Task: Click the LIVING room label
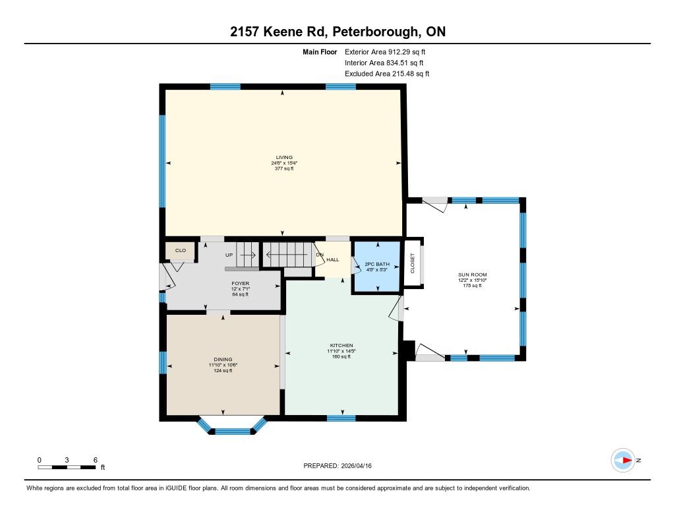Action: [284, 157]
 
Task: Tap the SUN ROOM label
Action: [472, 275]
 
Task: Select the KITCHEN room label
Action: [341, 345]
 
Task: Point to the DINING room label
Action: [223, 359]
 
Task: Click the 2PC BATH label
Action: [376, 264]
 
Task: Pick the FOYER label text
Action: [240, 283]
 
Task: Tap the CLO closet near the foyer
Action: [181, 250]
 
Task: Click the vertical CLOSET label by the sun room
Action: [413, 263]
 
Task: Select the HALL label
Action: [333, 259]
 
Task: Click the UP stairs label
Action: [229, 255]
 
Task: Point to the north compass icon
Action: [624, 461]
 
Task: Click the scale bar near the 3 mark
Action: [67, 467]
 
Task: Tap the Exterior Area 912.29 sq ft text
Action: [385, 51]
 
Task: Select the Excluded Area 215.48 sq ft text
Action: [387, 74]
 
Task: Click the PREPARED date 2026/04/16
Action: [356, 465]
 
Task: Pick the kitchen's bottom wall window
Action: [341, 418]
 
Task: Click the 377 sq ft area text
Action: [284, 168]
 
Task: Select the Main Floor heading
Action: [320, 51]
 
